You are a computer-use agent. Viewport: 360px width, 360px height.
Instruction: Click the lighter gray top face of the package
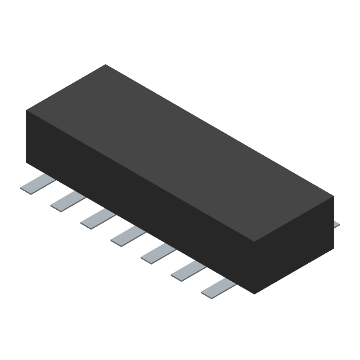point(180,153)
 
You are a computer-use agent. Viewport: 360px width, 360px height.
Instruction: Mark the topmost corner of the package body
point(105,64)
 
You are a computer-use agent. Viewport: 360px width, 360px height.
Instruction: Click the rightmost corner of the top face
point(333,196)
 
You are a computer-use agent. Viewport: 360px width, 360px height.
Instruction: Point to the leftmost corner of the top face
point(26,110)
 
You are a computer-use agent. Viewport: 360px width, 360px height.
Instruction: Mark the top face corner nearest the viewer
point(255,242)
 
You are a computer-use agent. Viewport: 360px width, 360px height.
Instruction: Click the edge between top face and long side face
point(139,176)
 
